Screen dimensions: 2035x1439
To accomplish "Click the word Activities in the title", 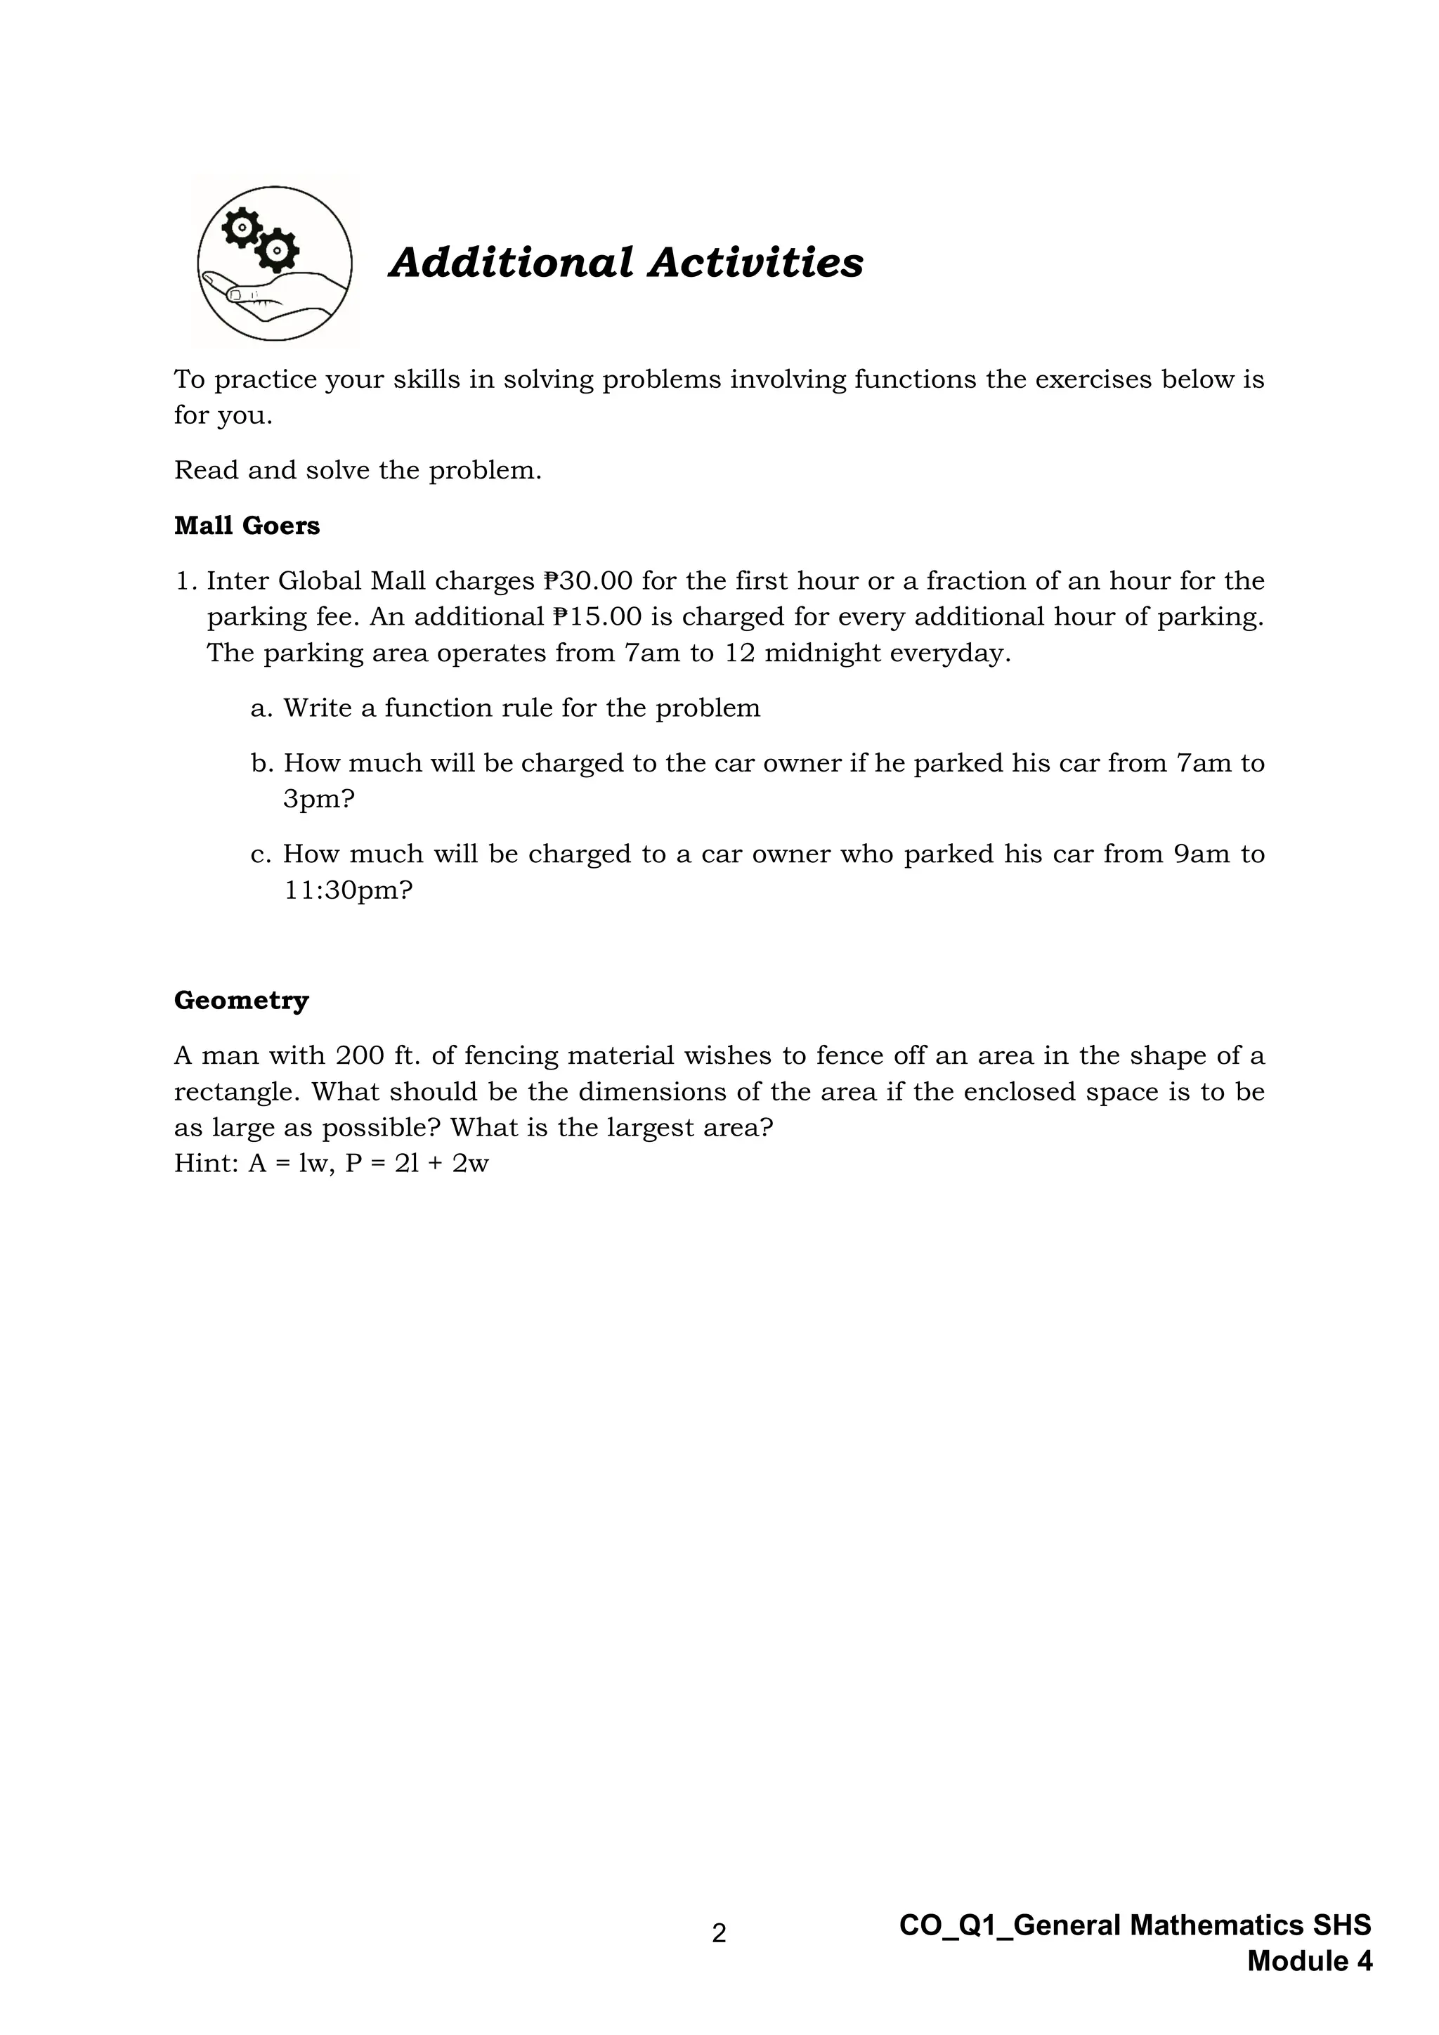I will (x=755, y=264).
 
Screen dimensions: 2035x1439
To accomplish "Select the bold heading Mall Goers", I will (x=247, y=526).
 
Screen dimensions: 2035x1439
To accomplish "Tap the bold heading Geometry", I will (x=241, y=1001).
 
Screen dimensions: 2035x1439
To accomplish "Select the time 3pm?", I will (x=318, y=800).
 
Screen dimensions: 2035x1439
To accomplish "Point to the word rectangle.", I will (x=234, y=1092).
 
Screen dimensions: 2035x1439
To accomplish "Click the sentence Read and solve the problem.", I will (x=357, y=471).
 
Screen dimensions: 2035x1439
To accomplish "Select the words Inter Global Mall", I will (x=316, y=581).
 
